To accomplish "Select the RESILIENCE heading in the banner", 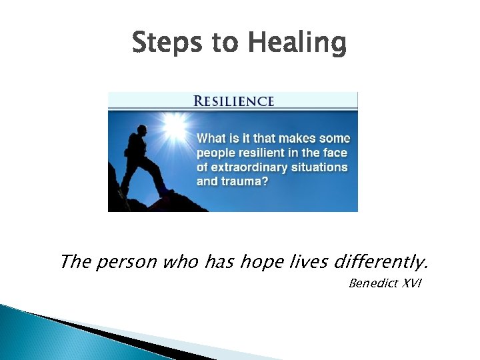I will click(233, 101).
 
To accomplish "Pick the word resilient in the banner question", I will click(264, 153).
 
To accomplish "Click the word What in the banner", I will click(212, 139).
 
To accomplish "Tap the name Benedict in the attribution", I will click(371, 283).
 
